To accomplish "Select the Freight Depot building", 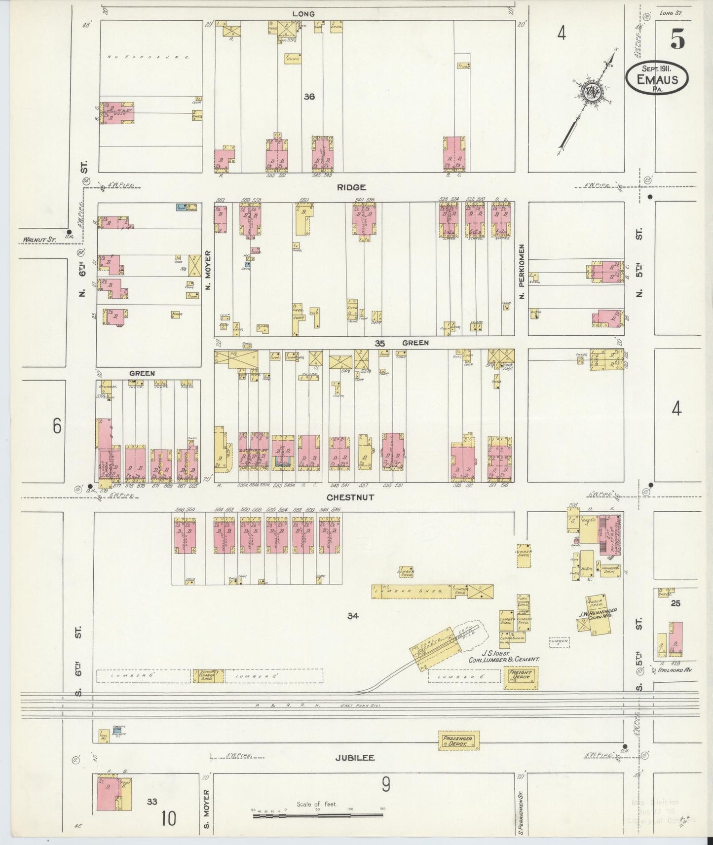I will [520, 678].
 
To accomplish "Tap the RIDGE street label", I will [351, 187].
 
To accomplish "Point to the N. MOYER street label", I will [208, 270].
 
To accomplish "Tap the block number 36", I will [309, 97].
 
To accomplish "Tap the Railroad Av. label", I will [675, 670].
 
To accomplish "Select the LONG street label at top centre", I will [303, 14].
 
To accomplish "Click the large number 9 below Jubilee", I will [385, 784].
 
